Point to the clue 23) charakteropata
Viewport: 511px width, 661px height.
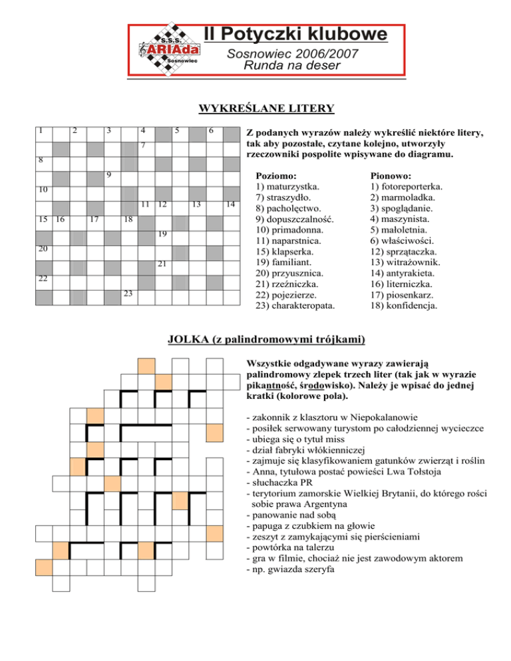(296, 306)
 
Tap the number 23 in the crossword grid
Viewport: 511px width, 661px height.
(127, 293)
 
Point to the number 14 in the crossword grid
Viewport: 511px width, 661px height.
(230, 205)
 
